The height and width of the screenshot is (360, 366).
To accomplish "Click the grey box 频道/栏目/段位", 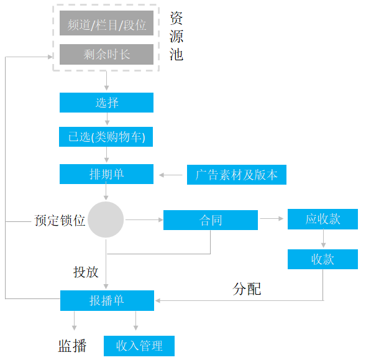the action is pyautogui.click(x=106, y=23).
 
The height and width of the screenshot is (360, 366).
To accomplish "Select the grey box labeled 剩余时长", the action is pyautogui.click(x=106, y=54).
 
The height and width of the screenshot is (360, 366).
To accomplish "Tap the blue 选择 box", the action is pyautogui.click(x=106, y=103).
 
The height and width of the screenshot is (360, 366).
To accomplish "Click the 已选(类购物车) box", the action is pyautogui.click(x=106, y=137).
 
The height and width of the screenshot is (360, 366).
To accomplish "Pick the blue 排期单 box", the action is pyautogui.click(x=106, y=174).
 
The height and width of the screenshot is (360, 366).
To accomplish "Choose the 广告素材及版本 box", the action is pyautogui.click(x=237, y=175).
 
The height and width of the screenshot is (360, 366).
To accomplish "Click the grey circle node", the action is pyautogui.click(x=106, y=219).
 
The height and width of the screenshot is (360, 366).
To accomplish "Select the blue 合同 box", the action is pyautogui.click(x=211, y=220).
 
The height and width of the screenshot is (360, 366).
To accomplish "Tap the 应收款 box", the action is pyautogui.click(x=323, y=219).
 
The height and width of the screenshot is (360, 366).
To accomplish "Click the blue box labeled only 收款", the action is pyautogui.click(x=323, y=259).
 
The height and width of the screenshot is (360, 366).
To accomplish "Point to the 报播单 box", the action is pyautogui.click(x=107, y=300).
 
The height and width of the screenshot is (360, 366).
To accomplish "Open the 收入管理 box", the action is pyautogui.click(x=139, y=346).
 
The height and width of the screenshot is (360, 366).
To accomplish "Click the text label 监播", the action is pyautogui.click(x=72, y=346).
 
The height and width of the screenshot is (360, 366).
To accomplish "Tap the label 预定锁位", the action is pyautogui.click(x=60, y=220).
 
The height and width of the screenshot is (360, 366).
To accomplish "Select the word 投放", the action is pyautogui.click(x=86, y=272).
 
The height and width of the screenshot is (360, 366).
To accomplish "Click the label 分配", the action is pyautogui.click(x=247, y=288).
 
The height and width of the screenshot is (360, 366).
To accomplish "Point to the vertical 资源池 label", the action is pyautogui.click(x=176, y=36).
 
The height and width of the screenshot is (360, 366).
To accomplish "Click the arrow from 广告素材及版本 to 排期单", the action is pyautogui.click(x=171, y=175).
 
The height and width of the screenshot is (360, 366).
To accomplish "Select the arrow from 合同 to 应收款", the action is pyautogui.click(x=272, y=219).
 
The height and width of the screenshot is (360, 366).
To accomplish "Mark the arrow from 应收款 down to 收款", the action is pyautogui.click(x=323, y=239).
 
